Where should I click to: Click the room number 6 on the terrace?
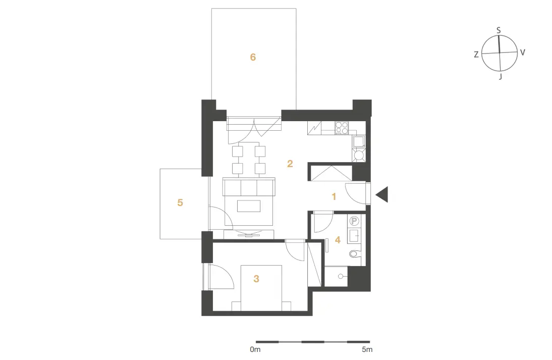point(253,57)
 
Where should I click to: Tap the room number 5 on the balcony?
point(180,202)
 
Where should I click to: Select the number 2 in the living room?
point(290,164)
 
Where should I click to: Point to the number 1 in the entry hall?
point(334,196)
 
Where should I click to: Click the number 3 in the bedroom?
point(256,279)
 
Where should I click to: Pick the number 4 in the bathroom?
point(338,240)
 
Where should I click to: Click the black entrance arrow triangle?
point(382,194)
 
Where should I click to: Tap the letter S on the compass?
point(499,31)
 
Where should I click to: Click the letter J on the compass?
point(500,76)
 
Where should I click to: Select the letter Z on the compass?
point(476,55)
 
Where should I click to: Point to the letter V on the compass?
point(523,53)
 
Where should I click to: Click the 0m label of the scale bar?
point(255,349)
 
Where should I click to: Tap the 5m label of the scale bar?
point(367,349)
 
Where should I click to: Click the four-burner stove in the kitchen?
point(342,128)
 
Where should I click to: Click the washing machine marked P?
point(355,221)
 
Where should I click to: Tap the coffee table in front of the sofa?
point(249,205)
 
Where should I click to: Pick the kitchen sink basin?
point(359,141)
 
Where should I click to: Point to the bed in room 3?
point(261,288)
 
